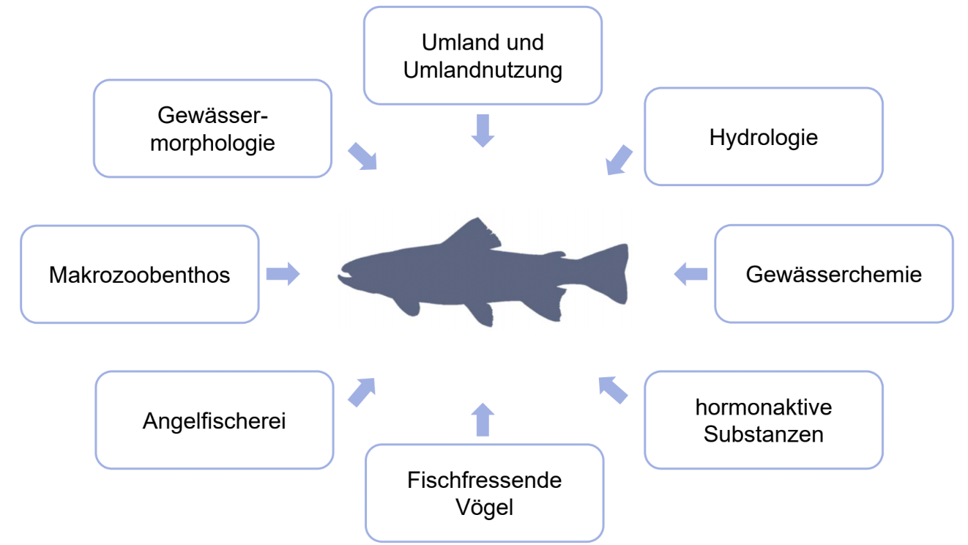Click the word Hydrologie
click(763, 137)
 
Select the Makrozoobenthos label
click(139, 275)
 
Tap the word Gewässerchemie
click(833, 275)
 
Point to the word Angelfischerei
click(214, 421)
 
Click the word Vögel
click(483, 507)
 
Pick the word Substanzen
click(763, 434)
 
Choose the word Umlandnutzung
click(483, 70)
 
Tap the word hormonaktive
click(763, 407)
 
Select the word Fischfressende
click(484, 481)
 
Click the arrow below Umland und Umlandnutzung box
click(483, 130)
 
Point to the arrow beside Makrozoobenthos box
click(282, 274)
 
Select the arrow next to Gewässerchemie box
click(690, 274)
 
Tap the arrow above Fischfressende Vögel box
click(483, 419)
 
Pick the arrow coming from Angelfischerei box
click(361, 392)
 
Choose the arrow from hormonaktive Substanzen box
click(613, 390)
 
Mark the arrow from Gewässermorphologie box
click(362, 156)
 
